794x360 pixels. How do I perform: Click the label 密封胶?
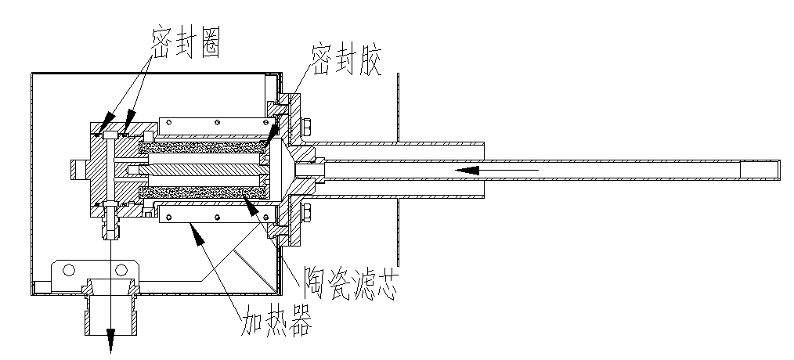coord(345,62)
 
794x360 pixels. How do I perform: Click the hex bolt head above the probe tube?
coord(307,126)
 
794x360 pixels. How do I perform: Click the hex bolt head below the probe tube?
coord(307,212)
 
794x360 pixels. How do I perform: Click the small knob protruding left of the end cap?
coord(77,169)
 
